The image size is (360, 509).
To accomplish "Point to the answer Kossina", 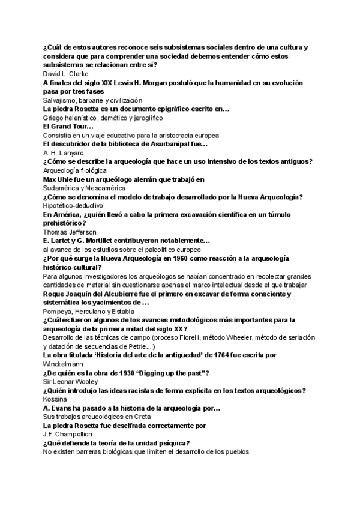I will click(55, 399).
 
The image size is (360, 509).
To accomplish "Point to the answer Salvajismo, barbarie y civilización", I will click(92, 100).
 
